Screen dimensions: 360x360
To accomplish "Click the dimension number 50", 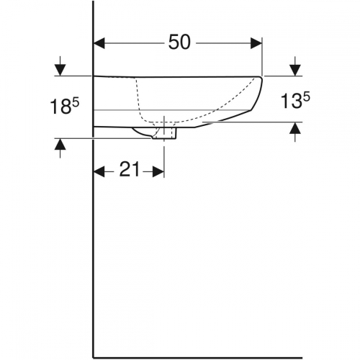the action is point(179,42).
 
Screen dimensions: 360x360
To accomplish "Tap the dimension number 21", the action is point(130,169).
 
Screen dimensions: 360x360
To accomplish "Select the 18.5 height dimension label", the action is point(64,106).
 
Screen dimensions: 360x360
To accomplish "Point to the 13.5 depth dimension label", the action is point(295,101).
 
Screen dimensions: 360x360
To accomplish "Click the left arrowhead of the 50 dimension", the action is point(99,43).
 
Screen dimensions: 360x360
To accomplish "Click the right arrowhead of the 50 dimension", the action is point(256,43).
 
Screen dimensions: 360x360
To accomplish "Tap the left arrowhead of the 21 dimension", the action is point(99,172).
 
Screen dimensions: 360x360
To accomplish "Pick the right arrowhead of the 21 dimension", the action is point(158,172).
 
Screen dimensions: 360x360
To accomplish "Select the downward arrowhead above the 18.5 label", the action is point(60,70).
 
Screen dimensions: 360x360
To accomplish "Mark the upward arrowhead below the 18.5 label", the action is point(60,144).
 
